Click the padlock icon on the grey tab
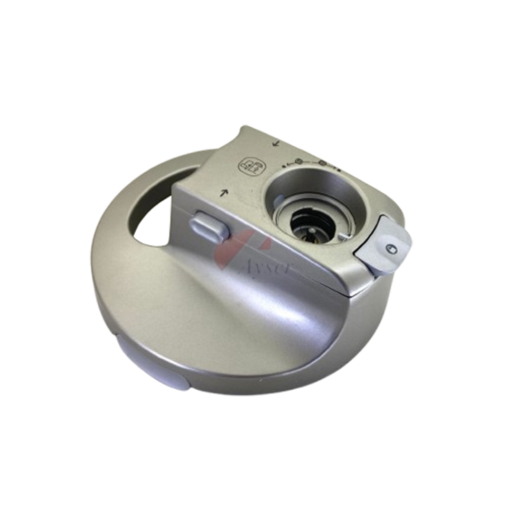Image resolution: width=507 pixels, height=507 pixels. [391, 248]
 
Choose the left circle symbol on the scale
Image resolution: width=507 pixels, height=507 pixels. [298, 162]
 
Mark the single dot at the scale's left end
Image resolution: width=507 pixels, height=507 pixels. [284, 165]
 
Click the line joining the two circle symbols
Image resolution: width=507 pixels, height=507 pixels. [311, 161]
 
